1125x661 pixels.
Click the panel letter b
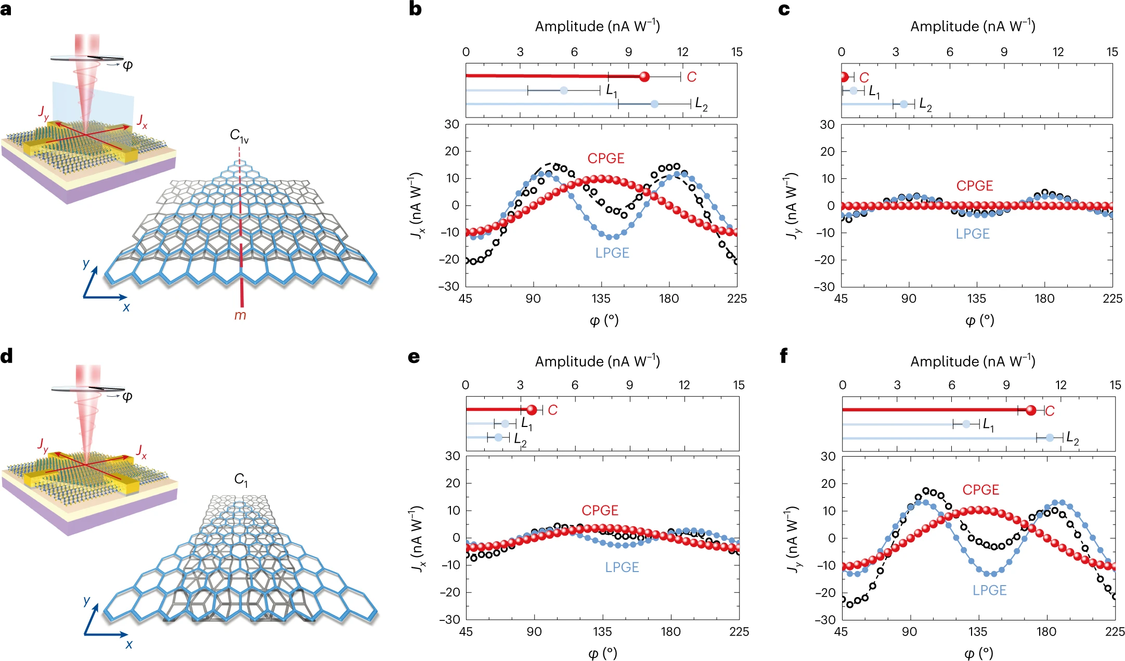point(415,9)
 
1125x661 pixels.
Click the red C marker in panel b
point(644,77)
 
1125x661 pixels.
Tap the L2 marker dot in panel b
point(654,104)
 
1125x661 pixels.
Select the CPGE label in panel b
point(606,159)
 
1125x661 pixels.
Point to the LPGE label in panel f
point(989,590)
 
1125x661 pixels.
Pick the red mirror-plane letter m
point(240,315)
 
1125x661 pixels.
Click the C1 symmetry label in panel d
point(241,479)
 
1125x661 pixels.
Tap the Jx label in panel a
point(142,122)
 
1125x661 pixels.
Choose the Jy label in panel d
point(43,445)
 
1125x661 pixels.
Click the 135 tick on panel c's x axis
point(976,299)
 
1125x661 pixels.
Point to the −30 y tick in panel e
point(450,619)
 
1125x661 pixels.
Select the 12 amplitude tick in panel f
point(1061,385)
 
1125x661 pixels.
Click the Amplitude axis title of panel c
point(972,27)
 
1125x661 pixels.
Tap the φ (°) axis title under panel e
point(602,653)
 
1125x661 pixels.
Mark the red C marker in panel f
point(1031,410)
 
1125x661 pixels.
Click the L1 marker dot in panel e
point(505,424)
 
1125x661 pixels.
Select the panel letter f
point(784,356)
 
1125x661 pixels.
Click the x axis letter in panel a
point(126,307)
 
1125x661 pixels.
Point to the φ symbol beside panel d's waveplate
point(127,396)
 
